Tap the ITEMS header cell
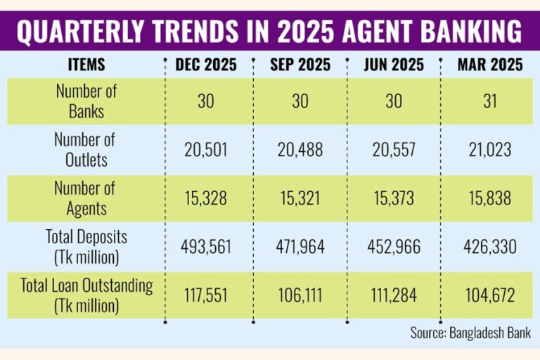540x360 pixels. point(87,65)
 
